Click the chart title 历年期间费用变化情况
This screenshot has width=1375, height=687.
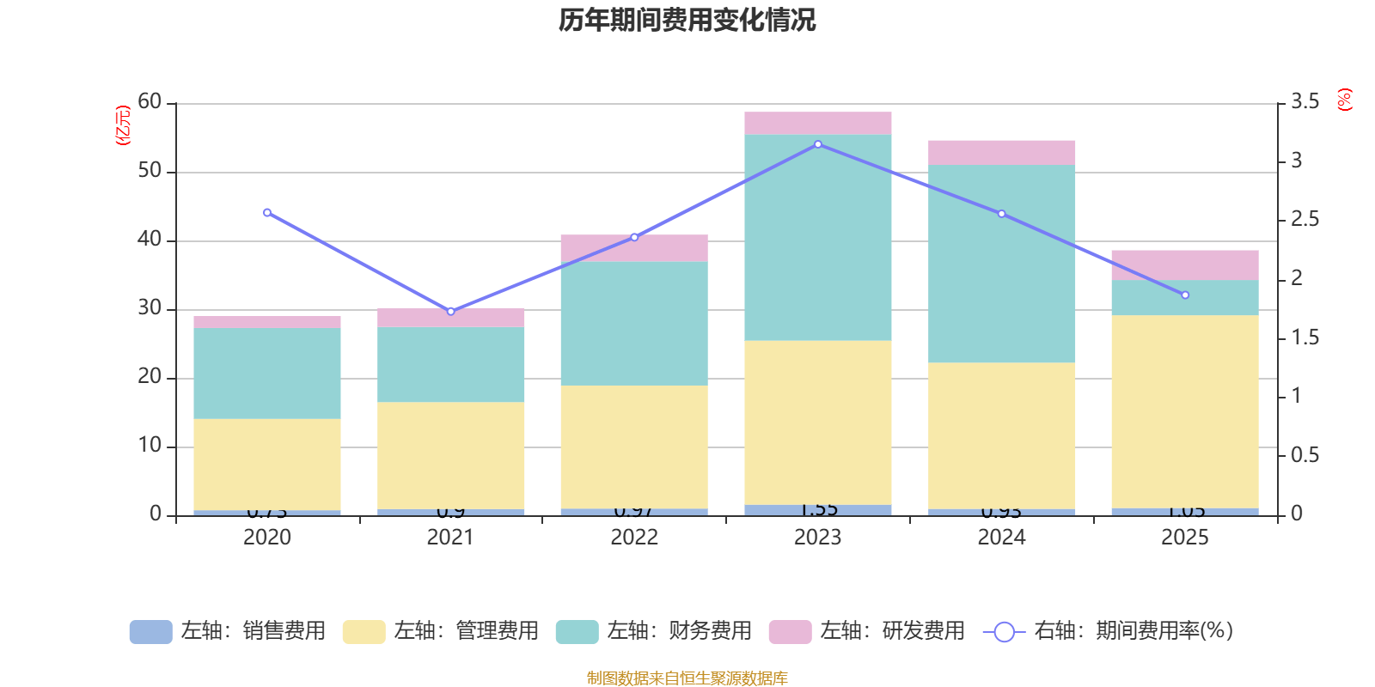pos(687,20)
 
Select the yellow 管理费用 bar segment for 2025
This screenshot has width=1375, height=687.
pos(1184,411)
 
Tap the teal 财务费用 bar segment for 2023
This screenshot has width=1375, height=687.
pos(817,237)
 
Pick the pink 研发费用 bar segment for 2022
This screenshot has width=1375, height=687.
pos(634,247)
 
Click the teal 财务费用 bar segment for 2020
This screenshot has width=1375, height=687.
pos(266,373)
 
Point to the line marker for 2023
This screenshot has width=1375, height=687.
pos(817,144)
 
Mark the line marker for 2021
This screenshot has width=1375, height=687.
pos(450,311)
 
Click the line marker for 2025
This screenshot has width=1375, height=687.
pos(1184,295)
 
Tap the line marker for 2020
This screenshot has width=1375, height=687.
pos(266,212)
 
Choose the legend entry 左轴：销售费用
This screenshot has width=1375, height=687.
pos(228,631)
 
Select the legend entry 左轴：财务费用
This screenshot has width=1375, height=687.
pos(654,631)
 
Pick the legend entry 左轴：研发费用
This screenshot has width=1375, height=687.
pos(867,631)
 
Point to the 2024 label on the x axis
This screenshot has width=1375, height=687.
pos(1000,538)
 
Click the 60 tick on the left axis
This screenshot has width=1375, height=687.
pos(150,102)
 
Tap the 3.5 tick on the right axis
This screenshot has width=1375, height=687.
pos(1305,102)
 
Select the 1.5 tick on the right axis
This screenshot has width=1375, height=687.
pos(1305,337)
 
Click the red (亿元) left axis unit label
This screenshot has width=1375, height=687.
pos(122,125)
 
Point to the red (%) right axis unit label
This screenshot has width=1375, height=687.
pos(1343,100)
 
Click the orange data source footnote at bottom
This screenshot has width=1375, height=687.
pos(687,678)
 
